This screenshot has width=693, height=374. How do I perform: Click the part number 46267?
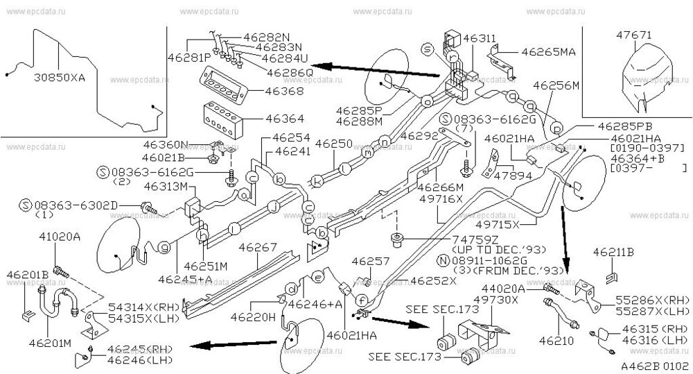(x=257, y=246)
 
